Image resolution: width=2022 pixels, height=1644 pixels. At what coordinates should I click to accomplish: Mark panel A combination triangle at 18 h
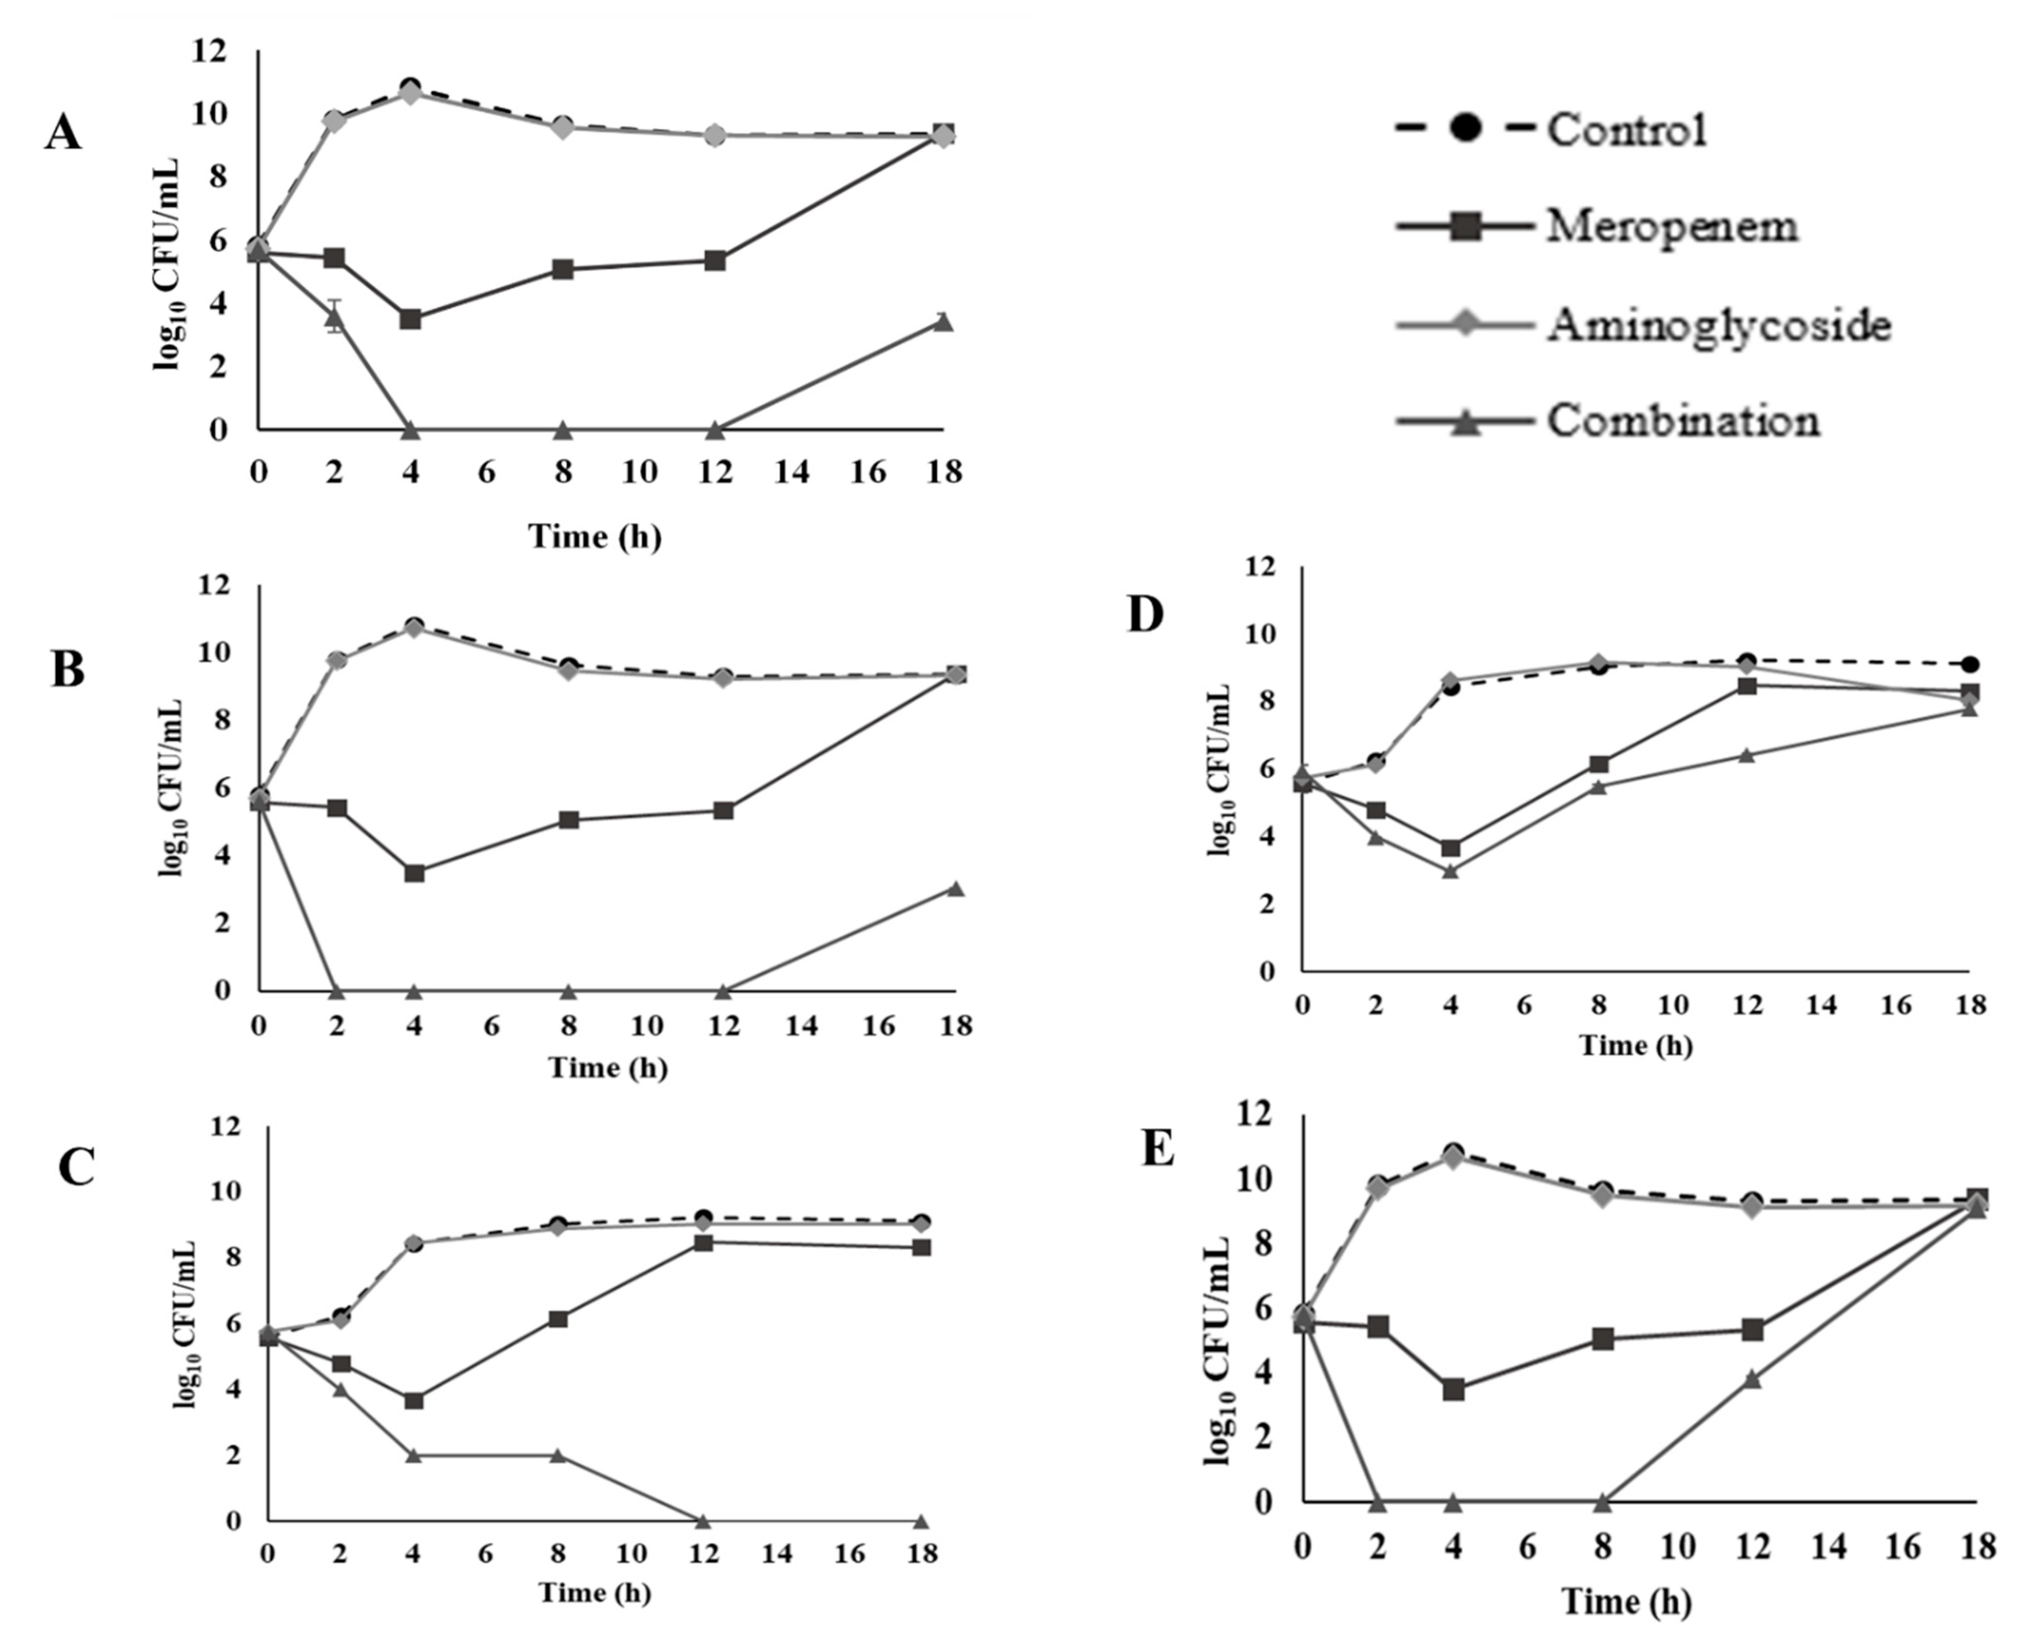943,322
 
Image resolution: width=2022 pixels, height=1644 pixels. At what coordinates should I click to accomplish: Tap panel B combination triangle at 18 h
956,888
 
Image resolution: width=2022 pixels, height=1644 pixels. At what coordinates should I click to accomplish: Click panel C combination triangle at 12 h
702,1520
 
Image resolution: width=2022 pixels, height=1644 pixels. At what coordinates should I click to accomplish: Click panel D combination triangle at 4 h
1450,870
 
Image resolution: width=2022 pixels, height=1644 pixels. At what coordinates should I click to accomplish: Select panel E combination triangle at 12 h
1752,1379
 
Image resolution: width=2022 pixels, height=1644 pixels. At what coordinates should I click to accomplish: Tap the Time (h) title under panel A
594,537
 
